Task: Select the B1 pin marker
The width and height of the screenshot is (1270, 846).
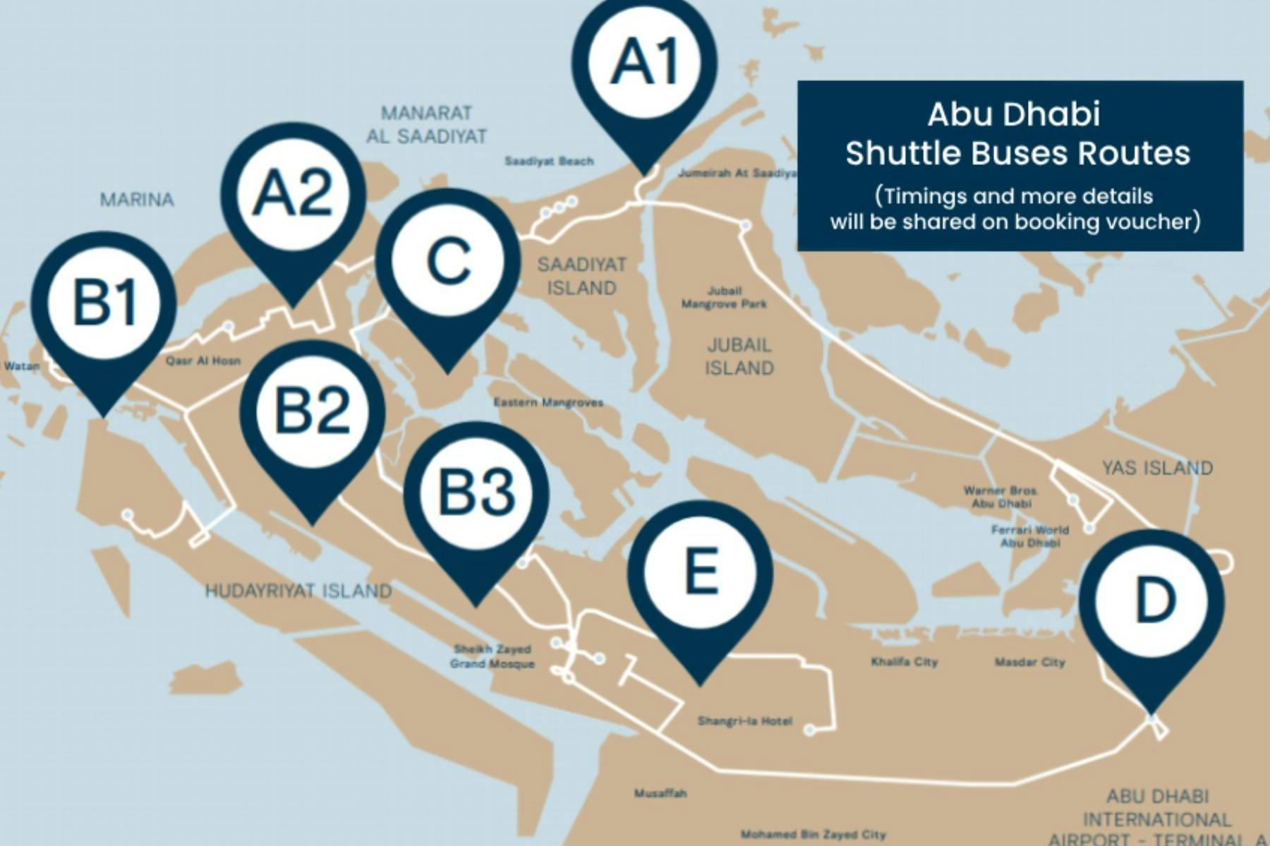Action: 104,303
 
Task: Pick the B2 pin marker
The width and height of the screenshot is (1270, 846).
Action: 313,411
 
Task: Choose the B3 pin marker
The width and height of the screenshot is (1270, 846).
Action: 476,492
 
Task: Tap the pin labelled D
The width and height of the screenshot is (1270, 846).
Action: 1151,601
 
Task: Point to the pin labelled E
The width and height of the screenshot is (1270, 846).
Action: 701,572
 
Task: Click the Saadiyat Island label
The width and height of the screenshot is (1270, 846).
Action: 581,276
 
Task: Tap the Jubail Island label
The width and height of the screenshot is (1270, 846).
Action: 739,356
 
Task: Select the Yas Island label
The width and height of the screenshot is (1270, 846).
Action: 1157,468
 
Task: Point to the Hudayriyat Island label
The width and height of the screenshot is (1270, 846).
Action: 298,591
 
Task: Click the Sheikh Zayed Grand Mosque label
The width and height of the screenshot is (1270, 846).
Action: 492,656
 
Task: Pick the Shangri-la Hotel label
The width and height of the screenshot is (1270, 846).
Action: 744,721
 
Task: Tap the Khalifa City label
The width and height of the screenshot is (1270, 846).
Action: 904,662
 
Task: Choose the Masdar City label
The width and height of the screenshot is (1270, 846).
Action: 1029,662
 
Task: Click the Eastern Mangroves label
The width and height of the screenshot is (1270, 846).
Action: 548,402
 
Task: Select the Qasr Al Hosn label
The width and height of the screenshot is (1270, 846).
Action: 203,361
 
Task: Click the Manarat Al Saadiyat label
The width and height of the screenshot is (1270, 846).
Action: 426,124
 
